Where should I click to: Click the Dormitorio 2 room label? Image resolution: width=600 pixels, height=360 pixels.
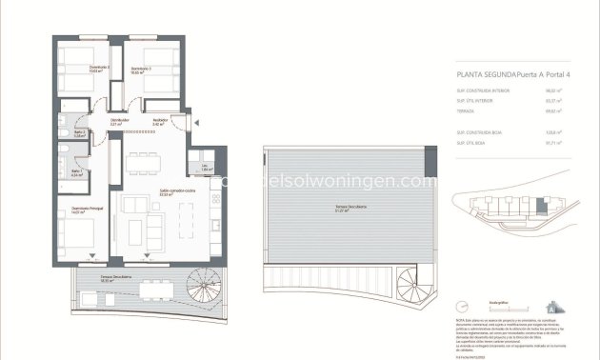click(x=75, y=68)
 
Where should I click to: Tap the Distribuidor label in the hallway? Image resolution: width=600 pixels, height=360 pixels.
click(x=119, y=120)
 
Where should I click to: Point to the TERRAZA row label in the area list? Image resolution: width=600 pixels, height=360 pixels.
click(x=468, y=111)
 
